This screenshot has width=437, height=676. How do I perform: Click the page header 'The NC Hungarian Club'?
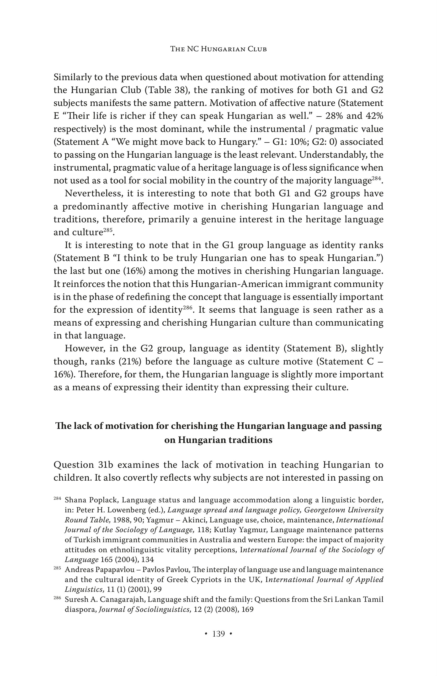(x=218, y=49)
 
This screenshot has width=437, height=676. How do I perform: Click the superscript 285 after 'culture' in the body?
(x=108, y=230)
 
